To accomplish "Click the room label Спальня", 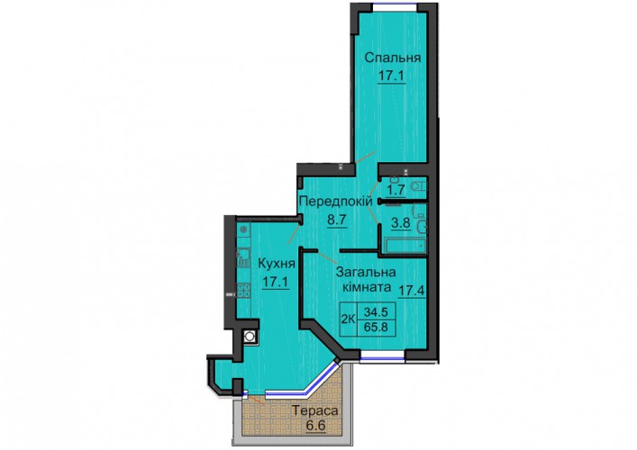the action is point(393,58).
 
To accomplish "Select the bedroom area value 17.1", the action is point(392,76).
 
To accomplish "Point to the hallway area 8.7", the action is point(336,220).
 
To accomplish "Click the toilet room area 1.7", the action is point(396,189).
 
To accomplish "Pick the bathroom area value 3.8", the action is point(401,223).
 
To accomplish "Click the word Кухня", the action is point(277,265).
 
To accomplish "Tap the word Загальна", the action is point(366,272).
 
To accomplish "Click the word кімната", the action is point(367,288).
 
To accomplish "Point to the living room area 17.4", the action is point(411,291).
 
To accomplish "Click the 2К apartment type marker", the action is point(348,319).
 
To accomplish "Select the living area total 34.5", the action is point(376,312).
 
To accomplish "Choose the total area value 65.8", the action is point(376,327).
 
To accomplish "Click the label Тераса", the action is point(314,411).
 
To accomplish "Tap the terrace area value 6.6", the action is point(315,426).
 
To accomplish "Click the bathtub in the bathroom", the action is point(405,246).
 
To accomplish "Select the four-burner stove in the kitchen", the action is point(243,290).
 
